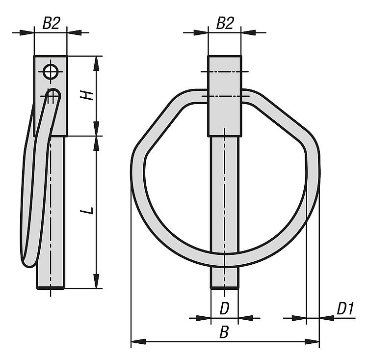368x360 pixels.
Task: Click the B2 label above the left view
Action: [x=52, y=23]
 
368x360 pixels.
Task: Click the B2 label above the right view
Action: [x=225, y=23]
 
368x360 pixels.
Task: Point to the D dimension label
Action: [x=224, y=308]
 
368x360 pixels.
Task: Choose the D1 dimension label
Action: [x=345, y=308]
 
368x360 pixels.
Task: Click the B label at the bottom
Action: [x=224, y=332]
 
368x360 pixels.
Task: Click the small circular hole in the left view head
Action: [x=51, y=71]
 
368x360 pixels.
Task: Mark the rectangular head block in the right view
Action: [x=224, y=96]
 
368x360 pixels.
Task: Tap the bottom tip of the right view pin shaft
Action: [x=225, y=287]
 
